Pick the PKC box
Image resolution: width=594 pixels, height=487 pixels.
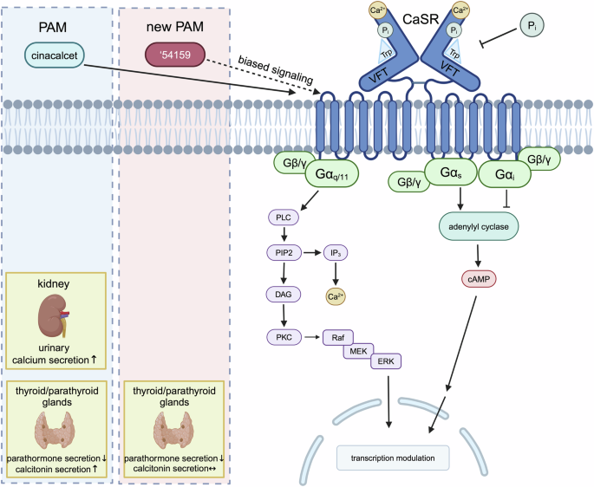tap(281, 336)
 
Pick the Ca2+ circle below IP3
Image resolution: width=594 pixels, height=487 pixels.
tap(335, 295)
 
